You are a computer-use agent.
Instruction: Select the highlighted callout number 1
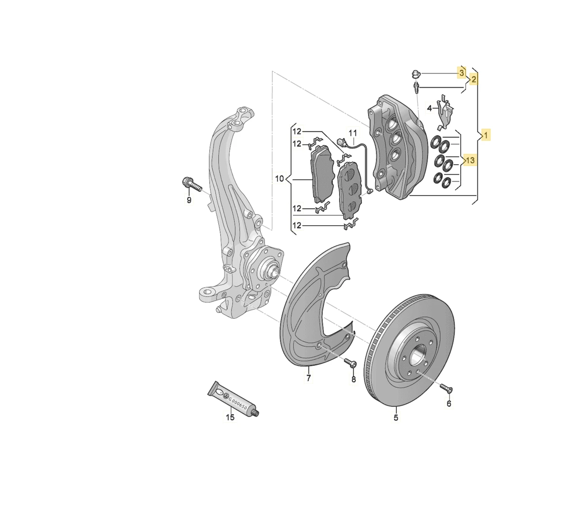[x=486, y=136]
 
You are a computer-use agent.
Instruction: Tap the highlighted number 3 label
[x=462, y=73]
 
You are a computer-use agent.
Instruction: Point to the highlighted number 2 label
[x=474, y=80]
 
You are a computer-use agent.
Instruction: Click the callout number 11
[x=353, y=133]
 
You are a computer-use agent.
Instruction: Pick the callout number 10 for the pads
[x=279, y=178]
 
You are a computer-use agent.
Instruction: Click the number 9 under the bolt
[x=189, y=200]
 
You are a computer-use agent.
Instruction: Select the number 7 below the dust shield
[x=308, y=377]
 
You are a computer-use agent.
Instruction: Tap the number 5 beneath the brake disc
[x=396, y=417]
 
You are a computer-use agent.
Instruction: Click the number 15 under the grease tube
[x=230, y=417]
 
